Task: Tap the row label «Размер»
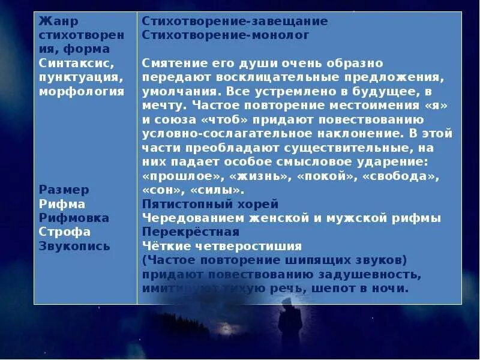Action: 64,190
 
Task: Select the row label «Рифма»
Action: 61,204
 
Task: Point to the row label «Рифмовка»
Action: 74,218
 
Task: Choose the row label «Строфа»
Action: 65,232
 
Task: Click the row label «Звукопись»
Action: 74,246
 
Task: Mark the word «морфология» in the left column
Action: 82,91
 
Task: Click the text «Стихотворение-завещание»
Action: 235,22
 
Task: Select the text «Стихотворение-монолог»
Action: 226,35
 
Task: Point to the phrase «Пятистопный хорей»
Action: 211,204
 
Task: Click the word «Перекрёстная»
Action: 191,232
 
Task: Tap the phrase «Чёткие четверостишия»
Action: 222,246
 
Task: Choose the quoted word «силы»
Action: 216,190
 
